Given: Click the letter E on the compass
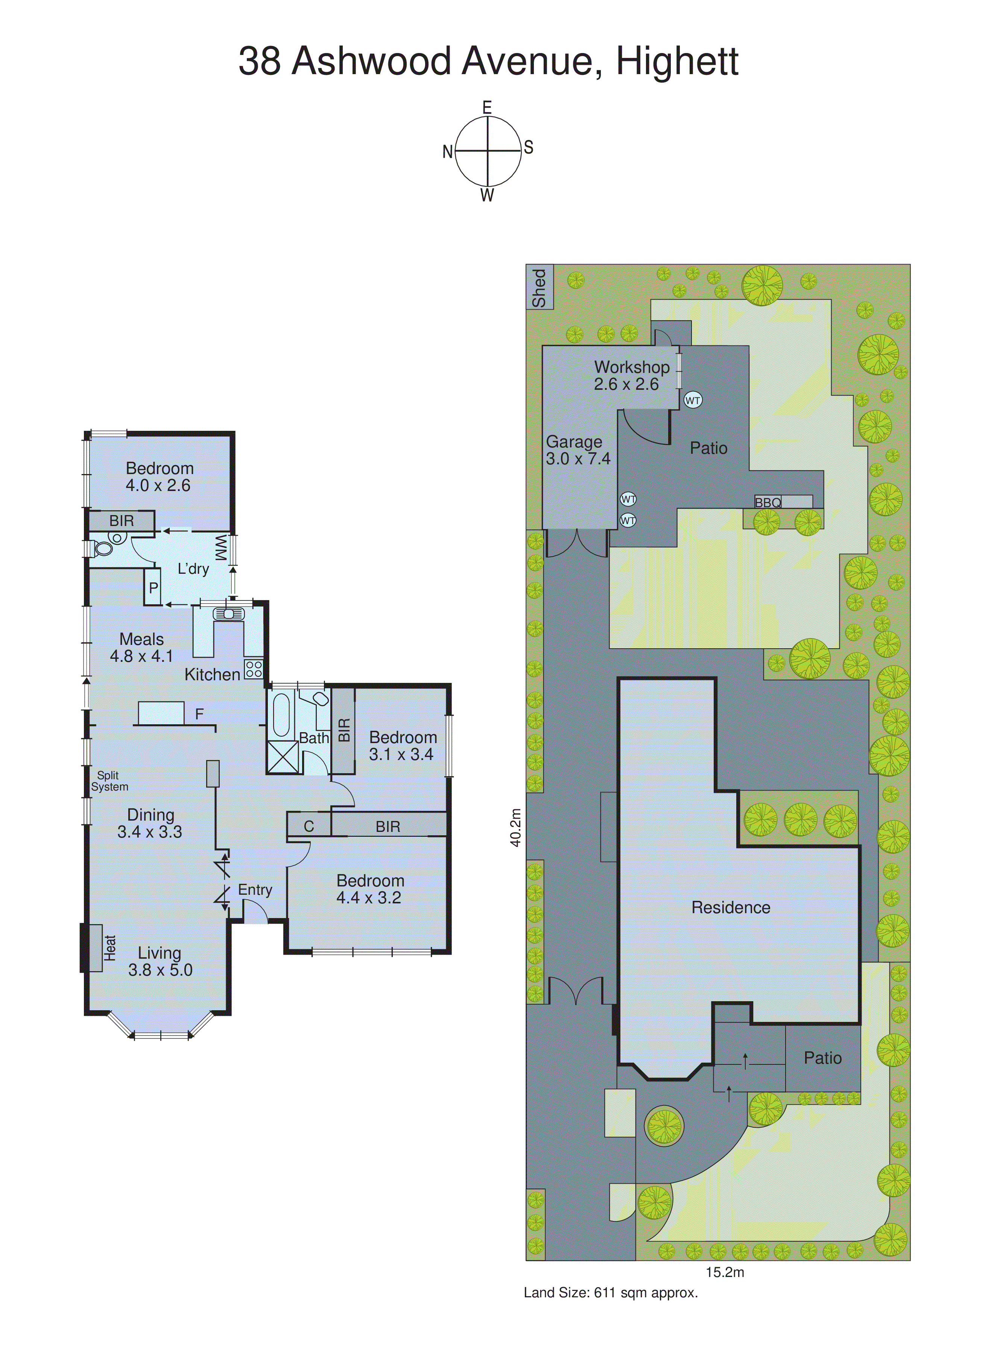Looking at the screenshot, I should (487, 107).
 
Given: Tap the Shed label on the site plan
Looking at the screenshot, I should (539, 288).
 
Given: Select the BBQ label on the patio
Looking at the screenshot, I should (768, 502).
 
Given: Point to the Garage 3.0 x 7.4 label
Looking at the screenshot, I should (578, 450).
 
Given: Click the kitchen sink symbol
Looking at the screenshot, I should (229, 614).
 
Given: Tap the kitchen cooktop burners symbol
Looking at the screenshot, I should (254, 669).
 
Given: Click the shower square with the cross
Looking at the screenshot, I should (283, 757).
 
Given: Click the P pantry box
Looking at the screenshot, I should (153, 587).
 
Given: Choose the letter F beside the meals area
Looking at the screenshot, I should (199, 714).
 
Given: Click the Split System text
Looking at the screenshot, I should (109, 781).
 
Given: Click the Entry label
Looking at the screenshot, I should (255, 889).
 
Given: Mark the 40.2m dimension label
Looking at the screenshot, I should (515, 827).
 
